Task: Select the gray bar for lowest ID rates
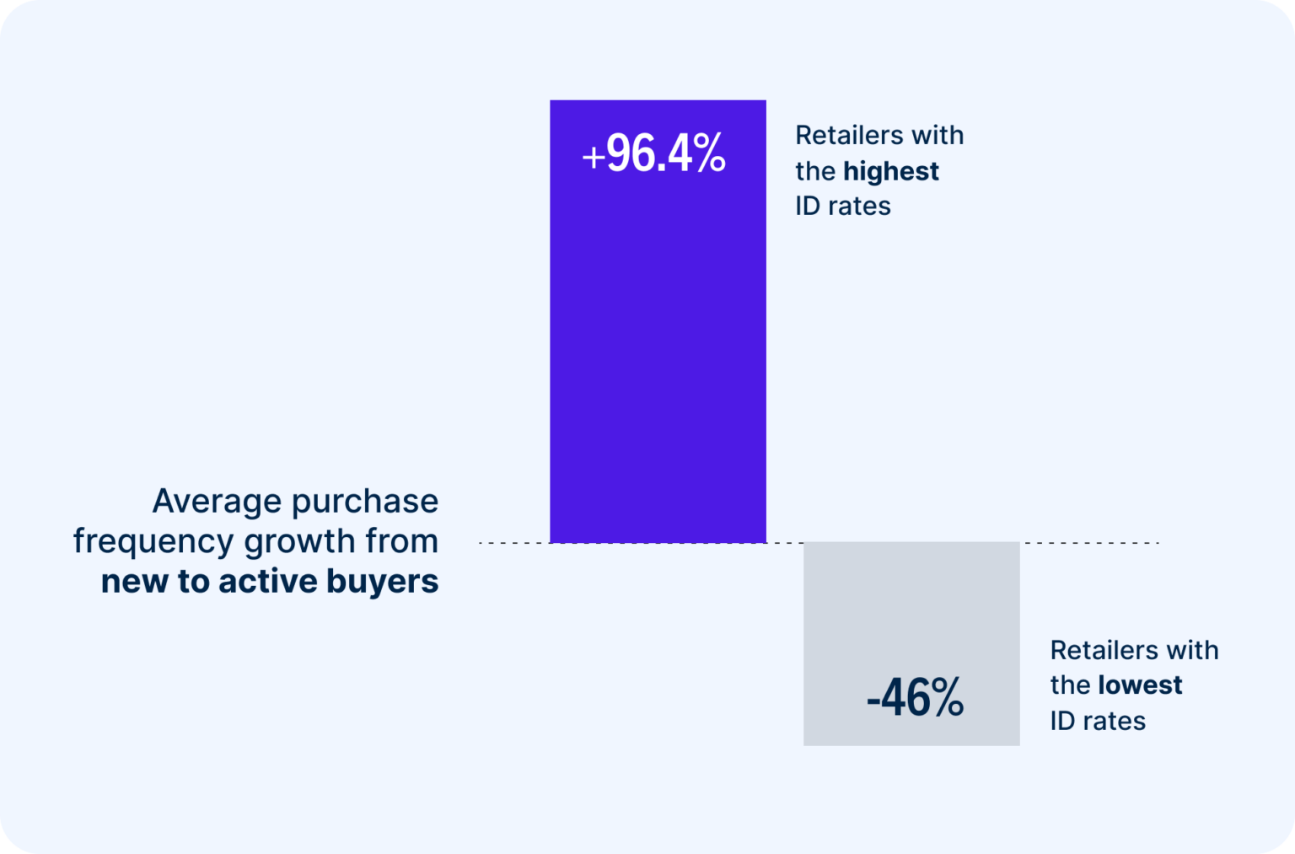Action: click(911, 624)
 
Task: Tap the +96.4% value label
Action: click(653, 154)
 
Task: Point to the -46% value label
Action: click(915, 698)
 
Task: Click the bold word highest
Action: click(890, 171)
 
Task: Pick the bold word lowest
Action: click(1139, 685)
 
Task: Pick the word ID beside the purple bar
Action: click(807, 207)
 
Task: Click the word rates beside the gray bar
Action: click(1115, 722)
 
